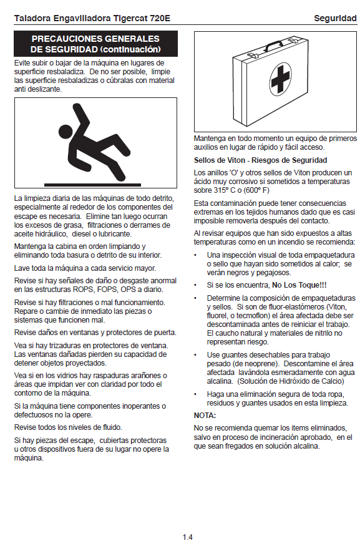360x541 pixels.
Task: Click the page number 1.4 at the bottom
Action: tap(188, 537)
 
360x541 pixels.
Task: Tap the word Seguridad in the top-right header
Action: tap(335, 19)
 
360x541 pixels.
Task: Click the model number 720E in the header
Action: tap(160, 18)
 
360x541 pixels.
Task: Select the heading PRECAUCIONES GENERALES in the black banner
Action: tap(95, 39)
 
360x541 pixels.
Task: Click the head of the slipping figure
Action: tap(65, 132)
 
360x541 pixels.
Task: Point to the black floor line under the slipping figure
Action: tap(92, 185)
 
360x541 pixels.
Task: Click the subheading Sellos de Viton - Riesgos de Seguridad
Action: tap(260, 160)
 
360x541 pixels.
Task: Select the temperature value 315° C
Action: tap(224, 190)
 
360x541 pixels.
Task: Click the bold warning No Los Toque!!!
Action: tap(299, 285)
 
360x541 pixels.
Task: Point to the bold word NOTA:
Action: tap(205, 416)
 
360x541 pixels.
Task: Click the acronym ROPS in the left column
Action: tap(84, 290)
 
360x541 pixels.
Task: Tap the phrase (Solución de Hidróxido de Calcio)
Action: tap(291, 381)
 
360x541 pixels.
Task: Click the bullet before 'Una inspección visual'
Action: tap(195, 256)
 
